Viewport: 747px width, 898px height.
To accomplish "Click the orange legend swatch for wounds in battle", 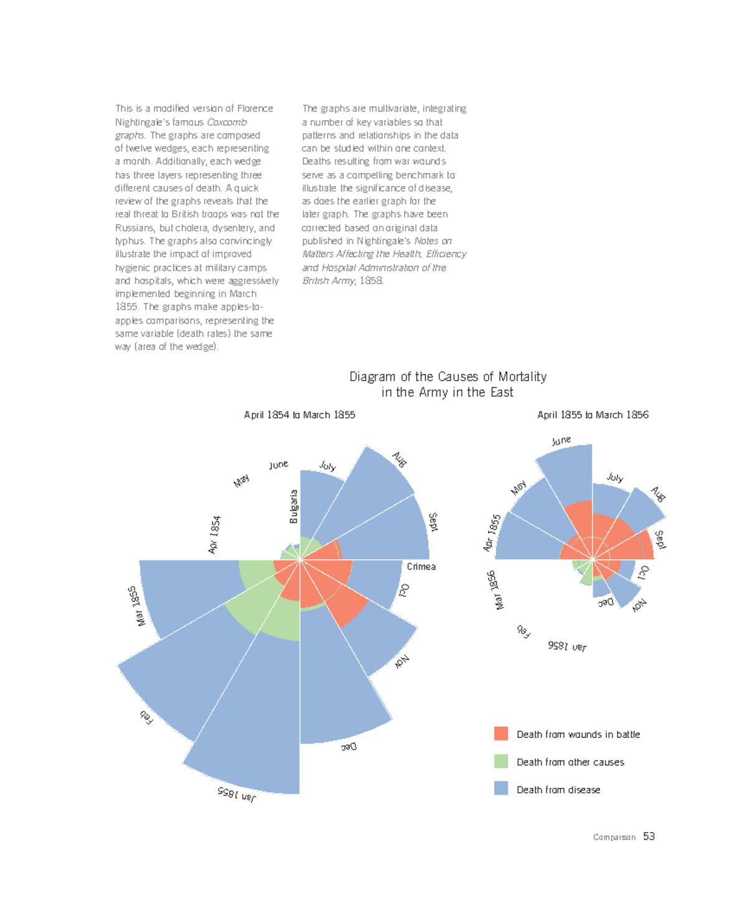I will coord(501,734).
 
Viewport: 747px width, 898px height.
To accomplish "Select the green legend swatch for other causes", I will coord(501,761).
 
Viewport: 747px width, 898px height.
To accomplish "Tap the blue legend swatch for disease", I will coord(501,788).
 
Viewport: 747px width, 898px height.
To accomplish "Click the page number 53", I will coord(649,836).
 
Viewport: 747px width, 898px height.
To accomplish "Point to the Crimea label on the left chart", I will coord(421,567).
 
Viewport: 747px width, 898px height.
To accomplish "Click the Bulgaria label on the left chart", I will coord(294,506).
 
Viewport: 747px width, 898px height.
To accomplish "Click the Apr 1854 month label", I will coord(214,534).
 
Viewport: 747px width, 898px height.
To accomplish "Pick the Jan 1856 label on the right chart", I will coord(567,646).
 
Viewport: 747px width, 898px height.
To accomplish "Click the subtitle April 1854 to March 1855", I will coord(299,415).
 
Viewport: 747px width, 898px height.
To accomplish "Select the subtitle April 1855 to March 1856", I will coord(593,415).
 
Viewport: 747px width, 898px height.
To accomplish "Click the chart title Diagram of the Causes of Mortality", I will coord(448,377).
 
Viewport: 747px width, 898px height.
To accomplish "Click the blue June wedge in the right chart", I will coord(566,473).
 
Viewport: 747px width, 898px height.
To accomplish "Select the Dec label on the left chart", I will coord(349,746).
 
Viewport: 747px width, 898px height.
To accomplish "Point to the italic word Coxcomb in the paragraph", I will coord(227,122).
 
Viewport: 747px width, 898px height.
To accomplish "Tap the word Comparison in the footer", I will coord(614,838).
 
